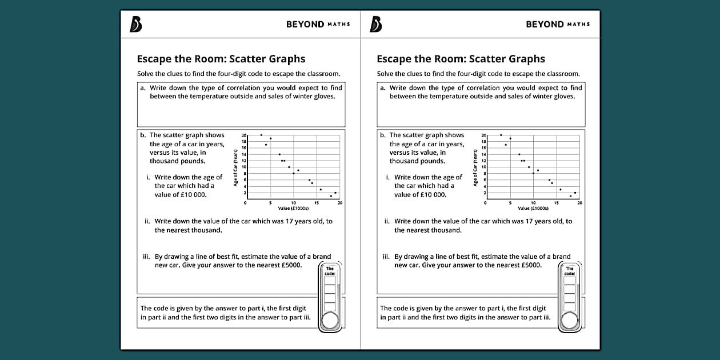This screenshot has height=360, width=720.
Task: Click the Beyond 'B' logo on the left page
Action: pyautogui.click(x=135, y=24)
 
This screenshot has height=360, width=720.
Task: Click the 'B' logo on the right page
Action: pyautogui.click(x=375, y=24)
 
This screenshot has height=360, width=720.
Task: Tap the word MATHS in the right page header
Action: pyautogui.click(x=578, y=25)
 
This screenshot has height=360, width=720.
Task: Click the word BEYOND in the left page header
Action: pyautogui.click(x=305, y=25)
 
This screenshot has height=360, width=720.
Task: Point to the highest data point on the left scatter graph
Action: pyautogui.click(x=261, y=135)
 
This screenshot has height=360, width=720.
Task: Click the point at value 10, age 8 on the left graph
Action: pyautogui.click(x=294, y=173)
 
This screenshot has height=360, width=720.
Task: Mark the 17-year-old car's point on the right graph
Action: pyautogui.click(x=506, y=145)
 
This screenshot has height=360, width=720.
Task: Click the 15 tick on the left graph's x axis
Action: pyautogui.click(x=317, y=203)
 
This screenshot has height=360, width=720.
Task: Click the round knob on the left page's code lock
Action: pyautogui.click(x=330, y=321)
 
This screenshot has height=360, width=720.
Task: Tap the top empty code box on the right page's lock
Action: pyautogui.click(x=569, y=281)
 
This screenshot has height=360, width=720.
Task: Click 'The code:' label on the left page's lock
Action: pyautogui.click(x=330, y=271)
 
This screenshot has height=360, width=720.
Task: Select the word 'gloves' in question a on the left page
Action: pyautogui.click(x=323, y=96)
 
